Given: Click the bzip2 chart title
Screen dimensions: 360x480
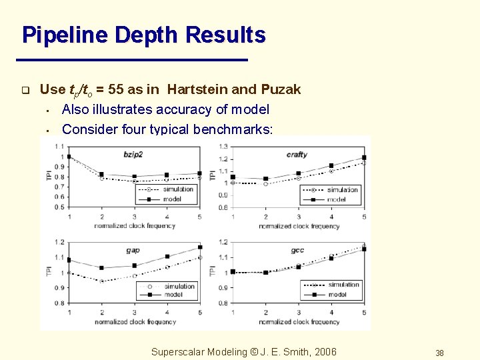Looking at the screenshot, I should pos(133,155).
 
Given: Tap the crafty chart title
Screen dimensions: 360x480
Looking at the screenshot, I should pos(297,155).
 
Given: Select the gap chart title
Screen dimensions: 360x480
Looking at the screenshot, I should pos(133,250).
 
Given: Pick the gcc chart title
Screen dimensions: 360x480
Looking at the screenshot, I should pos(297,250).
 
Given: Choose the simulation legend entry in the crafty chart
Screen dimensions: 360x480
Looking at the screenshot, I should pos(342,190).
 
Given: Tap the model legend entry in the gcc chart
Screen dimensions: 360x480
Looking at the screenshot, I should pos(337,294).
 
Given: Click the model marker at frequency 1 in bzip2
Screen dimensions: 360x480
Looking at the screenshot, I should pos(69,157).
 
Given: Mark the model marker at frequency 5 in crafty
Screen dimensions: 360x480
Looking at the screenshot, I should pos(364,157).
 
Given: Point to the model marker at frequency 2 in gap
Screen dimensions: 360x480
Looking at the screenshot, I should pos(101,268).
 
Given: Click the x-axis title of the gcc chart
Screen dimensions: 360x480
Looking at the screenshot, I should pos(298,322).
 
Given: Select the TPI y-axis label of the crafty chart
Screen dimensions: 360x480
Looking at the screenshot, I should pos(213,175).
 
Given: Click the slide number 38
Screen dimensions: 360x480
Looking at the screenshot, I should pos(439,353).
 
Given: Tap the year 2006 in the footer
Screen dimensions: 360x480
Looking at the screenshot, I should pos(324,352).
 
